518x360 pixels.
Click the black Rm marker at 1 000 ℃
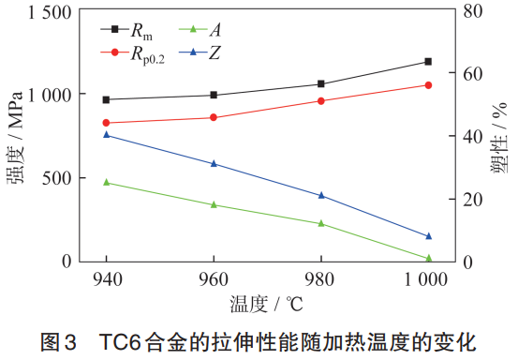[428, 62]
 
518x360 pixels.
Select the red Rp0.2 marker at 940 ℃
[106, 123]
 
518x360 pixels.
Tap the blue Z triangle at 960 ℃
[214, 163]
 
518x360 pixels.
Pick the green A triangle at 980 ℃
[321, 223]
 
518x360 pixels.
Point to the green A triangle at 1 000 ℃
[428, 258]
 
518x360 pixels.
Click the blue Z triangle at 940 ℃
[106, 135]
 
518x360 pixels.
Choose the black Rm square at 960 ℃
[214, 95]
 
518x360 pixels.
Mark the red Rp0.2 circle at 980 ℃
[321, 100]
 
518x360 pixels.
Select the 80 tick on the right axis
[474, 12]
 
